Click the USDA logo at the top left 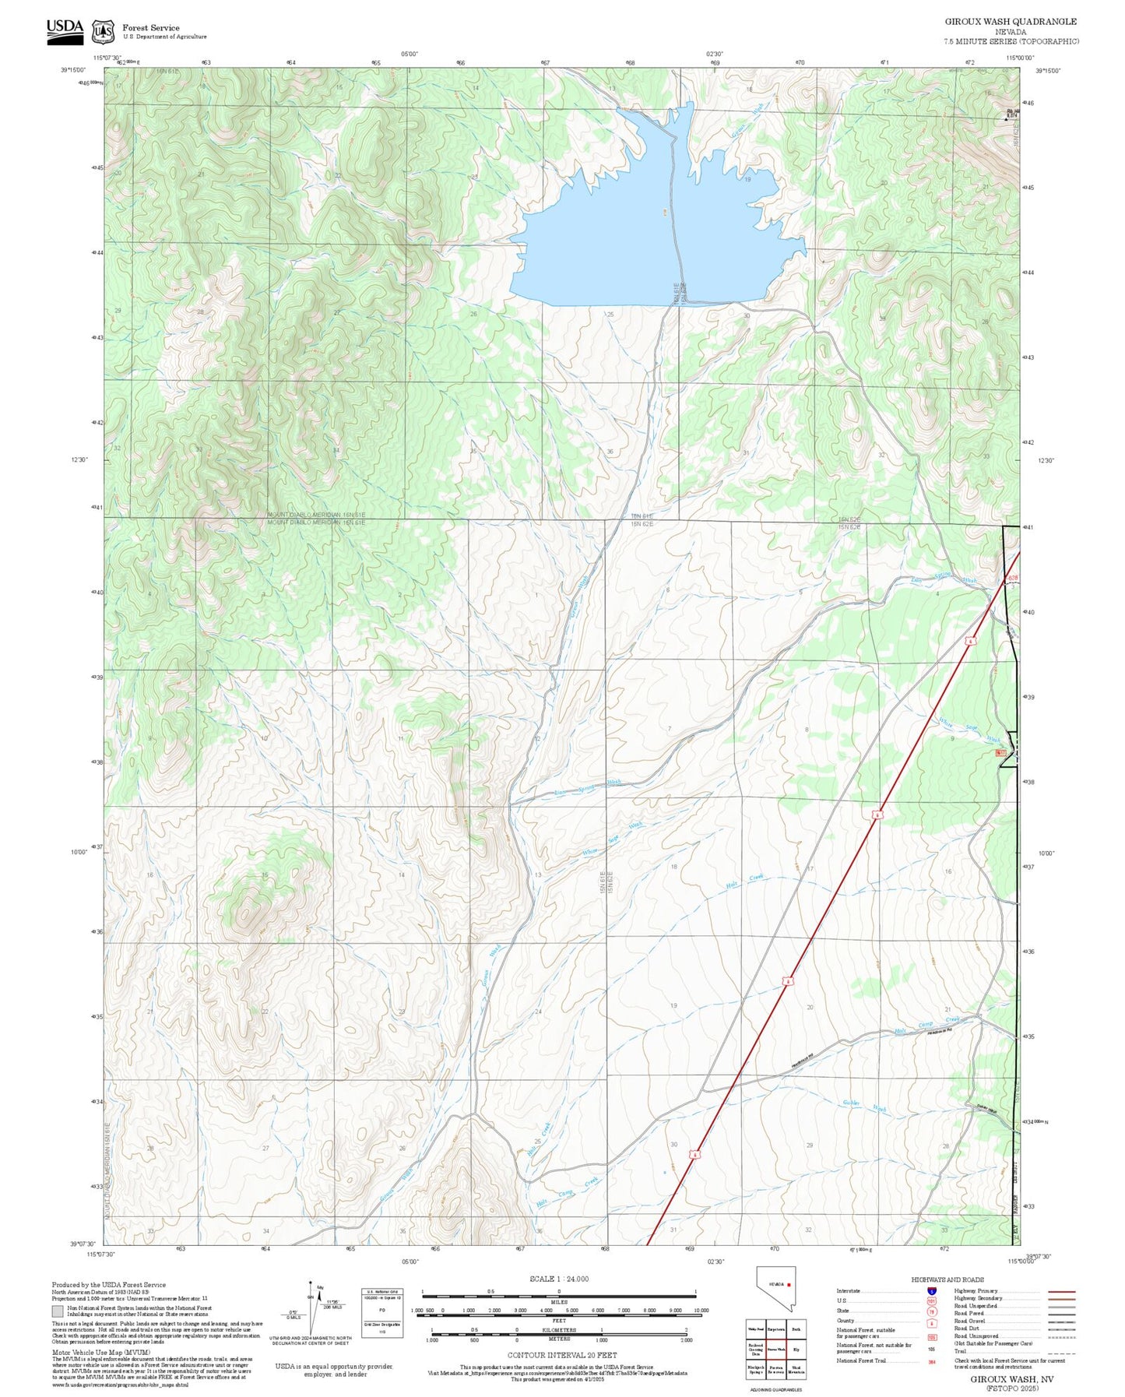click(x=65, y=28)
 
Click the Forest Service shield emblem click(x=102, y=31)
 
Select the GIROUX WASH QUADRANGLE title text click(x=1011, y=22)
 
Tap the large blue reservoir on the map click(x=646, y=234)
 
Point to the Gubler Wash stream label click(x=864, y=1105)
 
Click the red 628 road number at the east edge click(x=1012, y=577)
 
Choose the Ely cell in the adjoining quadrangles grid click(x=796, y=1349)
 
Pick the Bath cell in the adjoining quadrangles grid click(x=796, y=1328)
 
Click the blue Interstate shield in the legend click(x=931, y=1290)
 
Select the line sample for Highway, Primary click(x=1061, y=1291)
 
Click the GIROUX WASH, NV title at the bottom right click(x=1011, y=1378)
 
